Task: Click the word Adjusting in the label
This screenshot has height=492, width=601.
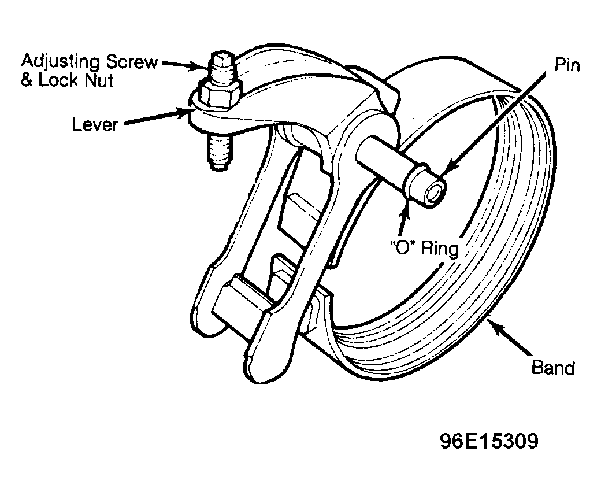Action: (x=61, y=62)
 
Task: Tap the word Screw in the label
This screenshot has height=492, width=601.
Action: (x=132, y=61)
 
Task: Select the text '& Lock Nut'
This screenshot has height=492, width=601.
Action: (x=67, y=80)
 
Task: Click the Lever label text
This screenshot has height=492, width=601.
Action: (x=95, y=124)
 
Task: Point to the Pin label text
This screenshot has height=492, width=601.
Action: (x=567, y=65)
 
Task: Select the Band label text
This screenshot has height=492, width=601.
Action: (x=554, y=367)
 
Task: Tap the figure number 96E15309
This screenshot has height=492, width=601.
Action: (x=489, y=441)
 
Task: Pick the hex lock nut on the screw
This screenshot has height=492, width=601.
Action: (x=220, y=95)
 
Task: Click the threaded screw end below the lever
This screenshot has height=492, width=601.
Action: (x=221, y=152)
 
